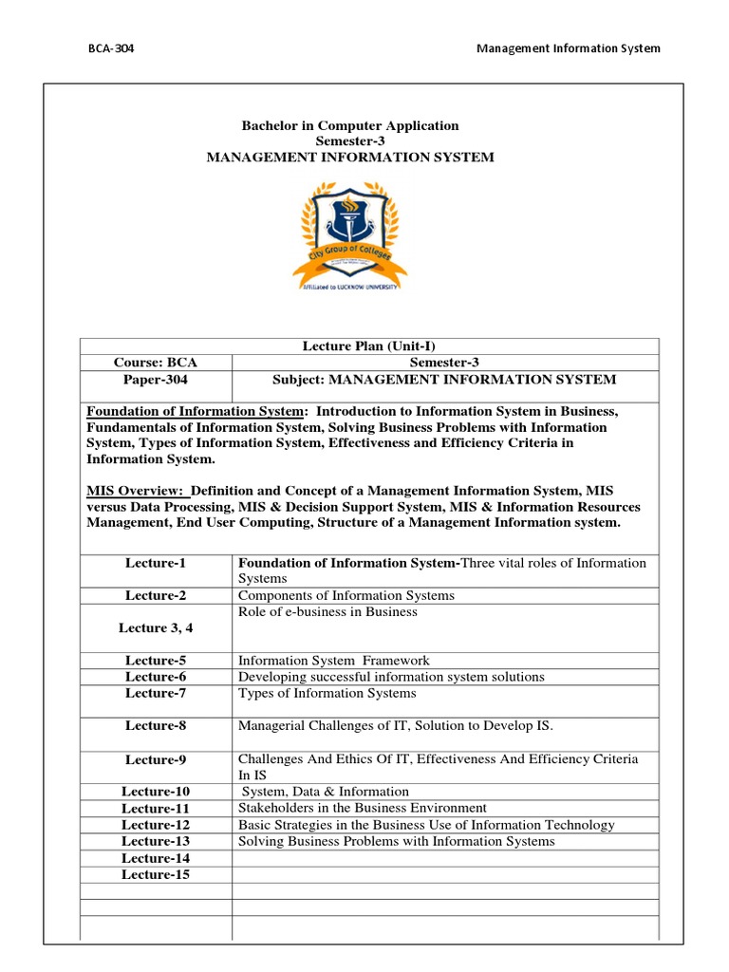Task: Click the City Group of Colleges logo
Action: click(x=350, y=234)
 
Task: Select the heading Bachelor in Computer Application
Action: click(x=350, y=125)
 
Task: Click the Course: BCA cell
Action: click(x=157, y=363)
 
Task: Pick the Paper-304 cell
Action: click(x=157, y=380)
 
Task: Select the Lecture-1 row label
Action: click(x=157, y=563)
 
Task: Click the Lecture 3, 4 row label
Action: click(x=157, y=627)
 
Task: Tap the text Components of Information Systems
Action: click(x=346, y=595)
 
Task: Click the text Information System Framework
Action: click(x=333, y=661)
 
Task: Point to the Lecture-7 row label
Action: click(x=157, y=693)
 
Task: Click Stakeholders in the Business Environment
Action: click(x=362, y=808)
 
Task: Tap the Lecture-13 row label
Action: click(x=157, y=841)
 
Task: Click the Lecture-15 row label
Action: click(x=157, y=874)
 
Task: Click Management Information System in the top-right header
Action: click(x=568, y=48)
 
